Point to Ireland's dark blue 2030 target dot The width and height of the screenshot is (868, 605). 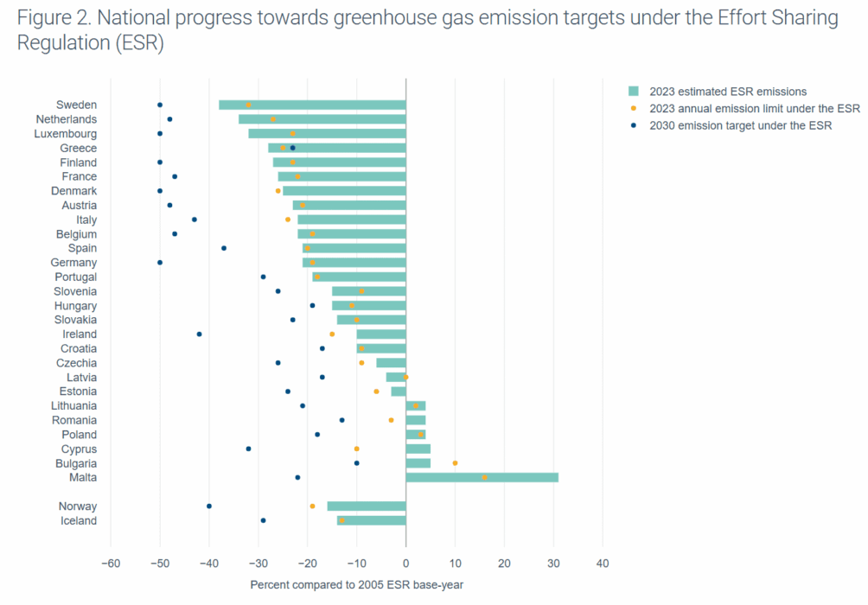(x=199, y=334)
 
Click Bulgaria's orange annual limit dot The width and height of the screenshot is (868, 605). (x=455, y=463)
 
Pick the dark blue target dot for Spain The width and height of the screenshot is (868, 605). (x=224, y=248)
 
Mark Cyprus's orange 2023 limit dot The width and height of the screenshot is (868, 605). (x=356, y=449)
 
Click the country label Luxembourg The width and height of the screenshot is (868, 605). (x=66, y=134)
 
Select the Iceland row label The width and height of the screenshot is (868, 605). (x=78, y=520)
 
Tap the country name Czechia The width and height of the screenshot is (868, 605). (x=77, y=363)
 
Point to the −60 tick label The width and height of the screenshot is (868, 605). (x=111, y=564)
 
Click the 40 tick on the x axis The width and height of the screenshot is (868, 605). (x=603, y=564)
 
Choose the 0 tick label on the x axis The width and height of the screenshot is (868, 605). (x=405, y=564)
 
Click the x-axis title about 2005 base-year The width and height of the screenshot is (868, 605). (x=356, y=585)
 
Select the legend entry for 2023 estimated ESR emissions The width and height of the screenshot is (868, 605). (x=728, y=92)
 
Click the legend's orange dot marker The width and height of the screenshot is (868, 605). (x=633, y=109)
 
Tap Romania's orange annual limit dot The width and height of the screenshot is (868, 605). (x=391, y=420)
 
